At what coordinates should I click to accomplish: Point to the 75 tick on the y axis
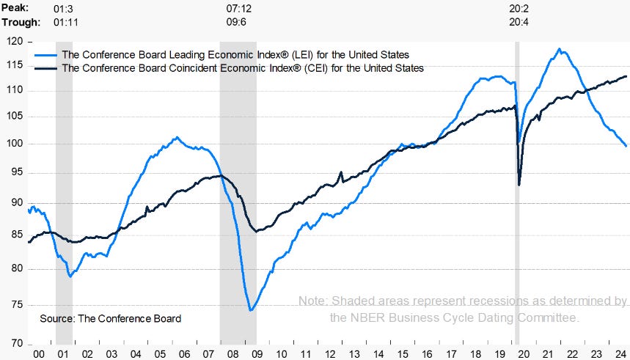12,305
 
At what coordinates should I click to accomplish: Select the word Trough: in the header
19,22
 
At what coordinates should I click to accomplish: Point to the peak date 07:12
238,9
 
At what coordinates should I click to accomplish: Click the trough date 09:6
236,22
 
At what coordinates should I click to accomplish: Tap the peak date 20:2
518,9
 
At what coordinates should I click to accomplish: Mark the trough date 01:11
68,22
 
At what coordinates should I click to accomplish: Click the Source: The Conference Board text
110,318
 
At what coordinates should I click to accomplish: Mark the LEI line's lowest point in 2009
250,310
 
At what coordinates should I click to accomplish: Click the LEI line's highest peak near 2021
560,49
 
